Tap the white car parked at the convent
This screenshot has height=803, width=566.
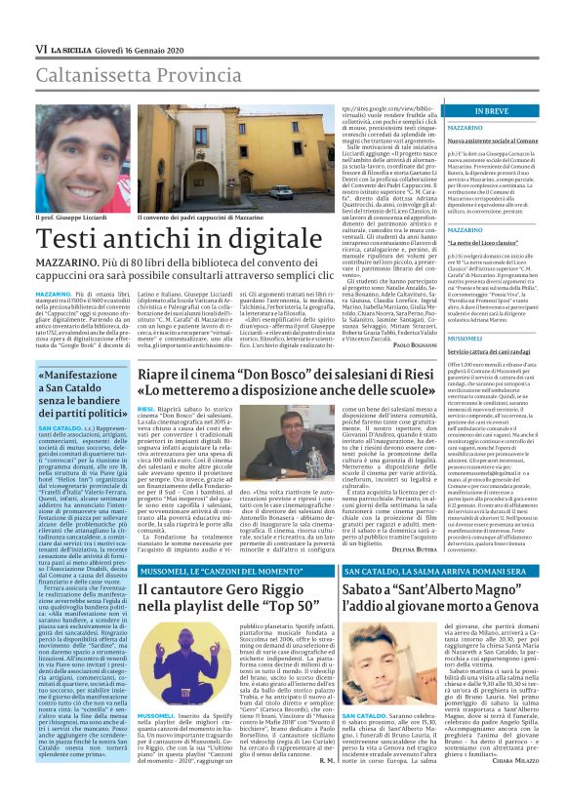(280, 190)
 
